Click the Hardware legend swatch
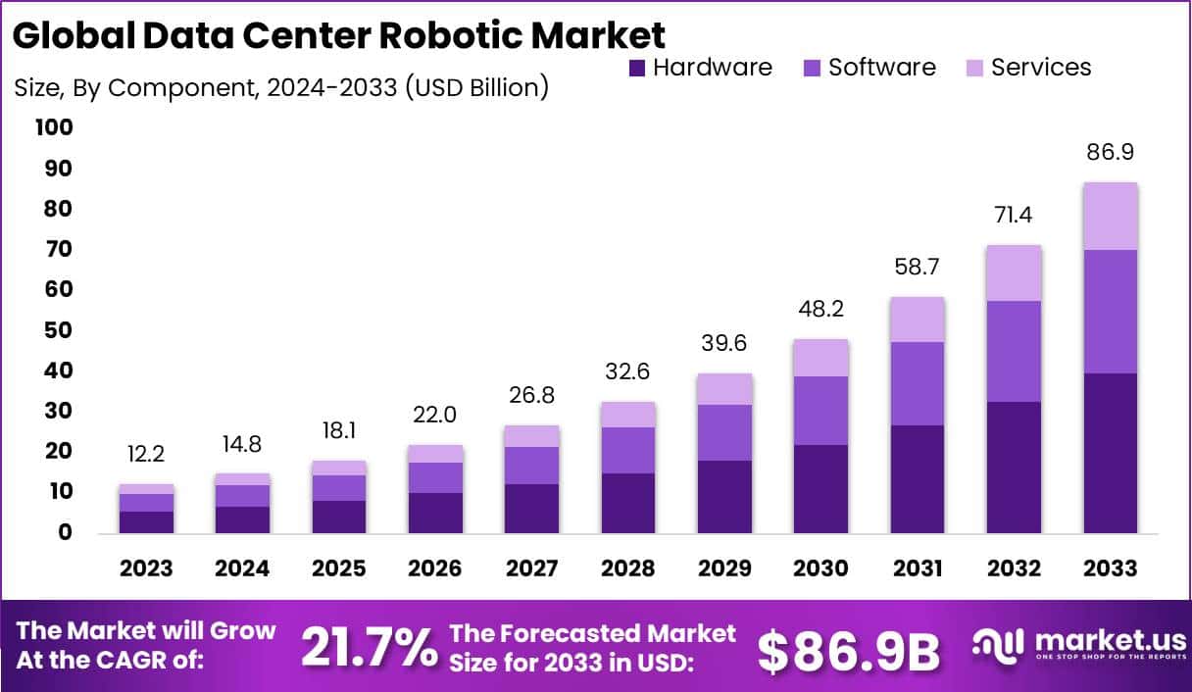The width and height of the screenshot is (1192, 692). pyautogui.click(x=637, y=68)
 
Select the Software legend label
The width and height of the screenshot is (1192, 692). pyautogui.click(x=881, y=68)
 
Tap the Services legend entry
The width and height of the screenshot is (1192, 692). pyautogui.click(x=1040, y=68)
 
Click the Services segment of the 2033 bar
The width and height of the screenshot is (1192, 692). pyautogui.click(x=1111, y=217)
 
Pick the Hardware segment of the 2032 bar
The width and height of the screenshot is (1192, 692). pyautogui.click(x=1015, y=467)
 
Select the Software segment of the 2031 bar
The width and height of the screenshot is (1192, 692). pyautogui.click(x=918, y=383)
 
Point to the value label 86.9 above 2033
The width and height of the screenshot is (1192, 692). pyautogui.click(x=1111, y=153)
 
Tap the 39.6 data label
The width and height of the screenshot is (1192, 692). pyautogui.click(x=725, y=343)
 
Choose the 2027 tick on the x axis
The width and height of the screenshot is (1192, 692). pyautogui.click(x=532, y=568)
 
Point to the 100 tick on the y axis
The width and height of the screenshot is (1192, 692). pyautogui.click(x=53, y=127)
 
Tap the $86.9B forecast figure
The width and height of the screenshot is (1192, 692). pyautogui.click(x=849, y=649)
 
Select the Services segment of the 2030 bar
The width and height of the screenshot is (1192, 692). pyautogui.click(x=821, y=358)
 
